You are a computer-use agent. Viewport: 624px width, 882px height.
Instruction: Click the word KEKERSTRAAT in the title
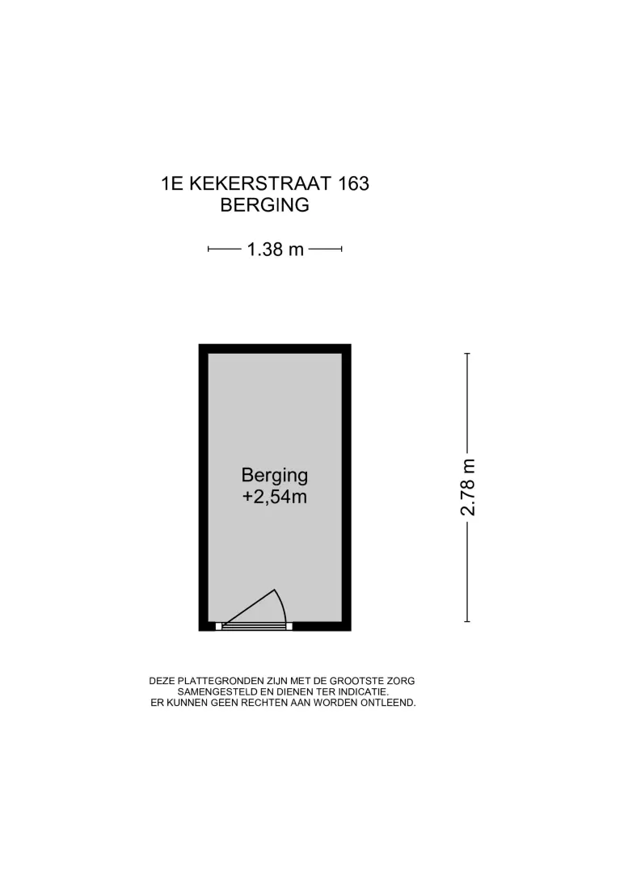[261, 183]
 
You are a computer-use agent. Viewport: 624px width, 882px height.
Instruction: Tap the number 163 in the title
[354, 183]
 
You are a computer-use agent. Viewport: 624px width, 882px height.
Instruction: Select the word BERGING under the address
[265, 205]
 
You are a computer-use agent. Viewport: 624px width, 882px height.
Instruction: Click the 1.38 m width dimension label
[275, 250]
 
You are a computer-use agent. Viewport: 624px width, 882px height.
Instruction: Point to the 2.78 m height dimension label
[468, 487]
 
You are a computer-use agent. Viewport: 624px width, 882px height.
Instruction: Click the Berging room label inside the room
[275, 475]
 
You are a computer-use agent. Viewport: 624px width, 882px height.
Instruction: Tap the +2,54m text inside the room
[275, 497]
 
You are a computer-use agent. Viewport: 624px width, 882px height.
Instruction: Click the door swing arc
[283, 604]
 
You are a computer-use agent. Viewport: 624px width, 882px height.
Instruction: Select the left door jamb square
[219, 626]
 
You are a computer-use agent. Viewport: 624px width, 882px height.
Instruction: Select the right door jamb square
[289, 626]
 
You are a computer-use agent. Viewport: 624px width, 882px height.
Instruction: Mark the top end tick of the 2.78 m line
[467, 353]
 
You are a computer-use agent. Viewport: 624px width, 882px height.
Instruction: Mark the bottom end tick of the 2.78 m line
[467, 622]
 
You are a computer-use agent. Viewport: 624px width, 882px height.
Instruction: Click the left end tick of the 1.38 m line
[209, 249]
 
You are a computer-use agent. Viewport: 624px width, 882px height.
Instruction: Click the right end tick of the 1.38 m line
[342, 249]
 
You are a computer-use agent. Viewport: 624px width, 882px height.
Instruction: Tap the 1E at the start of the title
[172, 183]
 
